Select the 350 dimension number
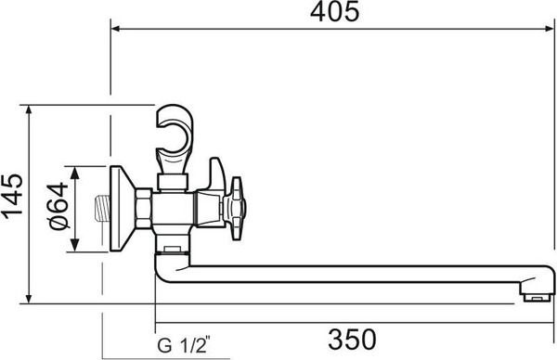[x=352, y=335]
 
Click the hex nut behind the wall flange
[x=144, y=210]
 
